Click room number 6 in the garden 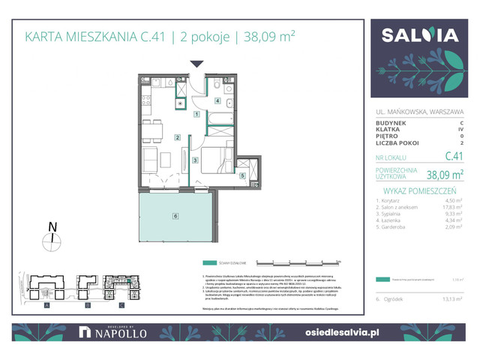pyautogui.click(x=175, y=216)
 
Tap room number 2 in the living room pyautogui.click(x=178, y=136)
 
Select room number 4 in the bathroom pyautogui.click(x=218, y=100)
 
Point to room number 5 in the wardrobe pyautogui.click(x=243, y=176)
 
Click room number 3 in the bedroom pyautogui.click(x=194, y=159)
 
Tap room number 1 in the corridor pyautogui.click(x=196, y=114)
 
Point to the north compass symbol pyautogui.click(x=52, y=239)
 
